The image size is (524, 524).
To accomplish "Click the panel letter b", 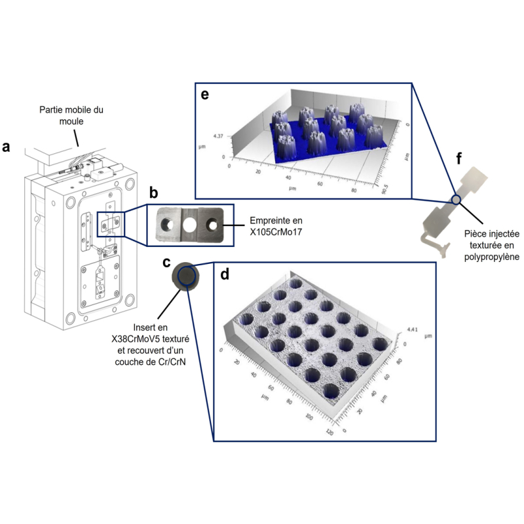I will pyautogui.click(x=153, y=193).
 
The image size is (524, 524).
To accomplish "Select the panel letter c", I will pyautogui.click(x=166, y=262).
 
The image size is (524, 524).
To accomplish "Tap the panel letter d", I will pyautogui.click(x=225, y=274).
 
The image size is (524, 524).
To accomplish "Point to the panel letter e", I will pyautogui.click(x=205, y=94).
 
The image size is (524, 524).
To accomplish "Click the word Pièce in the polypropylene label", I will pyautogui.click(x=476, y=234).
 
